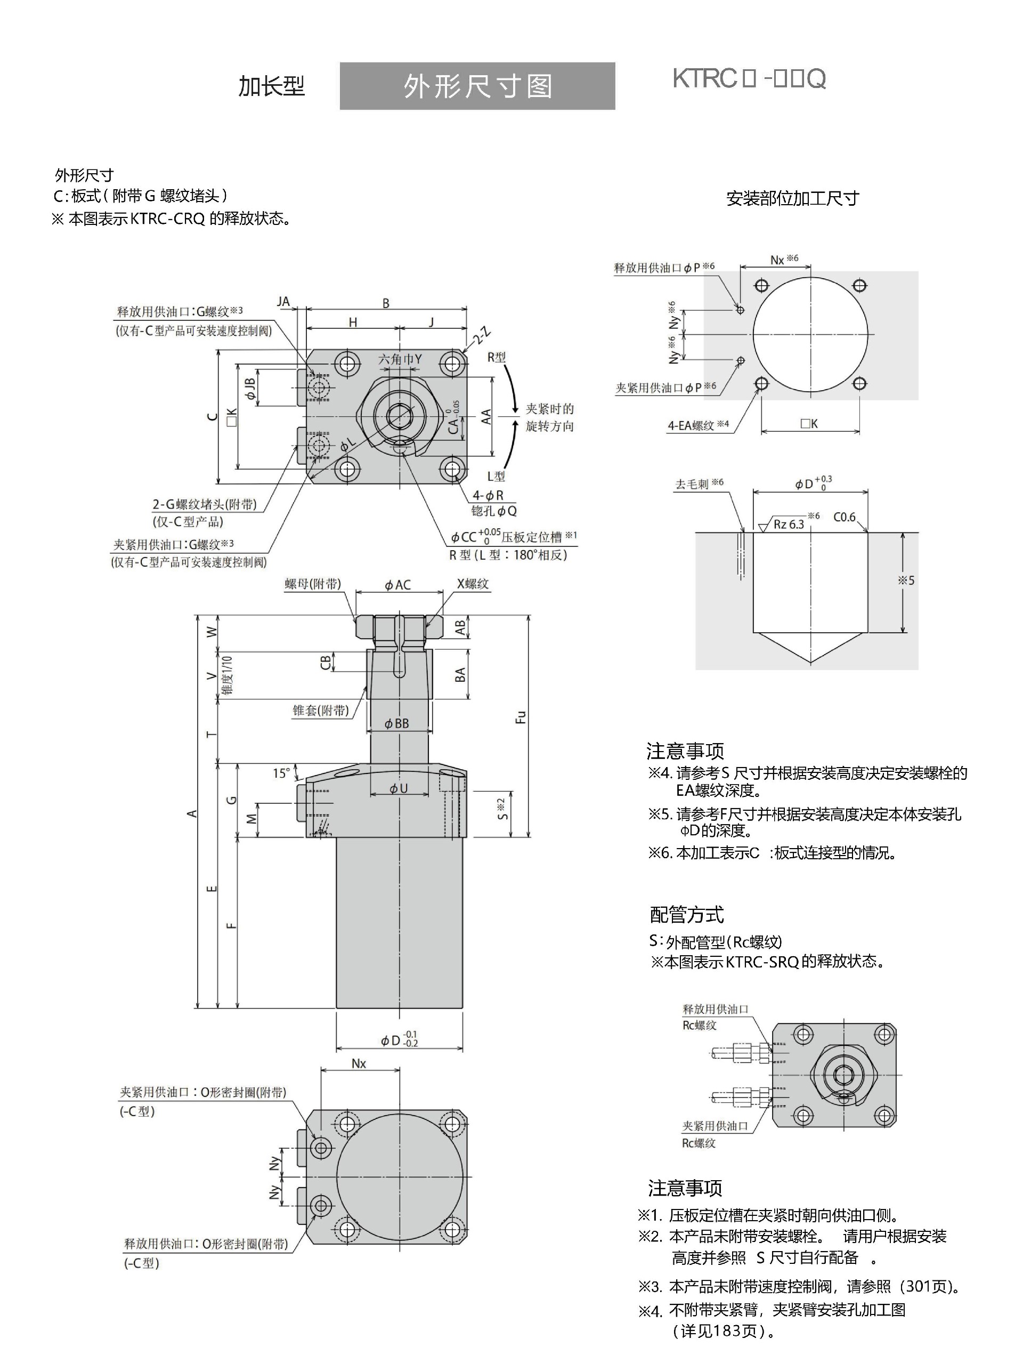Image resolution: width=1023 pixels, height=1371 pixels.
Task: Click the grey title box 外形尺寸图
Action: (x=477, y=86)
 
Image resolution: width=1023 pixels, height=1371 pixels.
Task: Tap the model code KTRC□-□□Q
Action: (x=749, y=79)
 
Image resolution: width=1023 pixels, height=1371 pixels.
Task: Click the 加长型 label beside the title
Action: (x=271, y=86)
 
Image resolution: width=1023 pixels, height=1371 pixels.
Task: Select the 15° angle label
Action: (x=281, y=773)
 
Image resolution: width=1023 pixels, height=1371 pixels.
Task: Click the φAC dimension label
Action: (x=397, y=585)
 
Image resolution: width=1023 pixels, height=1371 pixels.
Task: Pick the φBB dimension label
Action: (x=396, y=723)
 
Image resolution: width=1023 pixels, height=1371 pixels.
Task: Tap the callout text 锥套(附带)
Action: (x=320, y=711)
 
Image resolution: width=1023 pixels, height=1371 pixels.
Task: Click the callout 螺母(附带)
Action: (x=313, y=584)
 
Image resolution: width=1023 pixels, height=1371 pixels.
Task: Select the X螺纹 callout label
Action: (x=473, y=584)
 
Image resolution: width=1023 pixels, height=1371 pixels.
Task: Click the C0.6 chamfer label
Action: (x=844, y=517)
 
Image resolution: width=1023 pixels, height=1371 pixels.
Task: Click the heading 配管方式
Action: (x=686, y=914)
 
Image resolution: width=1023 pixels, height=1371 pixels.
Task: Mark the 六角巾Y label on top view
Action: (x=400, y=359)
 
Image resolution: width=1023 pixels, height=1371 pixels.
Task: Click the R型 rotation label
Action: (x=497, y=358)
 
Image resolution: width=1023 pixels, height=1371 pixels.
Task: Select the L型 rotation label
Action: (x=496, y=476)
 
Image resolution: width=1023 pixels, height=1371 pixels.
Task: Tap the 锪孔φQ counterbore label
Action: (x=493, y=511)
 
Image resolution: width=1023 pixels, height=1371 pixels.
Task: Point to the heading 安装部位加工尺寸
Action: (x=793, y=199)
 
